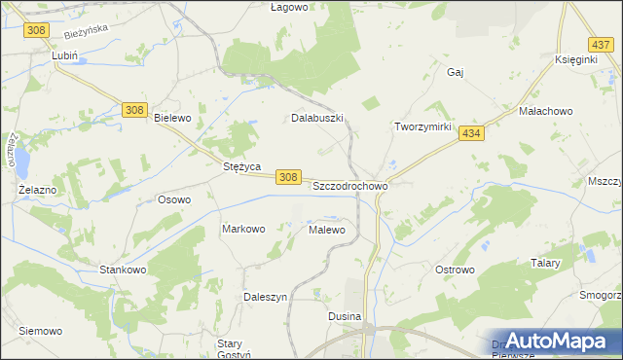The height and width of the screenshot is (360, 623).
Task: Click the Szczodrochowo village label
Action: (350, 185)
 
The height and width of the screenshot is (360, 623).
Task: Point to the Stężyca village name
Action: (240, 166)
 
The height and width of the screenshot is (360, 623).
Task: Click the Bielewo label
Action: (172, 117)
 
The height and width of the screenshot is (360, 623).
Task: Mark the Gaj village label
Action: (455, 72)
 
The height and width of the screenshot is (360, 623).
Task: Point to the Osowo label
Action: (174, 199)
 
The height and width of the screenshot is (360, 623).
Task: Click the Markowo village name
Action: (243, 229)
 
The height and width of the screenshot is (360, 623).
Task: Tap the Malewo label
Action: (326, 230)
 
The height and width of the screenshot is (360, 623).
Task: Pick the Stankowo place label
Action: (123, 269)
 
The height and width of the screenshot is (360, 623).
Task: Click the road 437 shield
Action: (601, 45)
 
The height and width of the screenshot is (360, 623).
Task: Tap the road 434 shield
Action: (472, 132)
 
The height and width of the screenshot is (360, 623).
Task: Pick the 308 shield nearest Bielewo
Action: (136, 110)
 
